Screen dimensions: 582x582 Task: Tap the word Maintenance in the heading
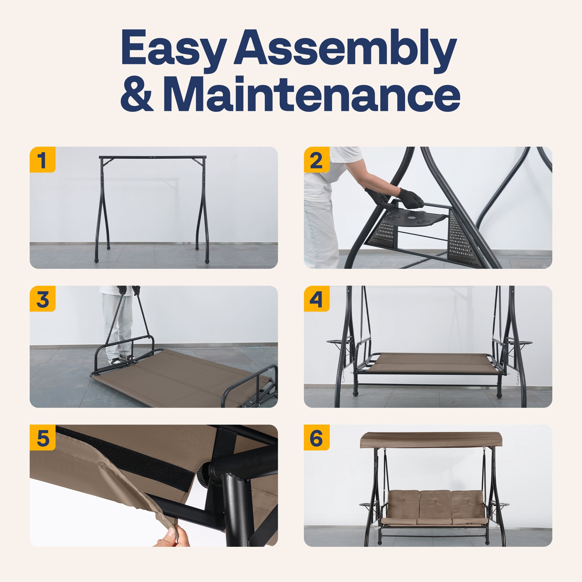pyautogui.click(x=311, y=94)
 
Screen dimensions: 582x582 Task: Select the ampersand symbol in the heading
pyautogui.click(x=137, y=94)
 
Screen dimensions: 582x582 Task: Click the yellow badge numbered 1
pyautogui.click(x=42, y=160)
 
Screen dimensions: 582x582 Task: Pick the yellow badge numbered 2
pyautogui.click(x=317, y=160)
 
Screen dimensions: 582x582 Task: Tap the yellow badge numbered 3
pyautogui.click(x=42, y=299)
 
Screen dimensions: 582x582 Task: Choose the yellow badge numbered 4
pyautogui.click(x=317, y=299)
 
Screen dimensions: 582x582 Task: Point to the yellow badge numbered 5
pyautogui.click(x=42, y=438)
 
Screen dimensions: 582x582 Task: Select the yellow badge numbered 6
pyautogui.click(x=317, y=438)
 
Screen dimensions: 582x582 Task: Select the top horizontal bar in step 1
pyautogui.click(x=153, y=157)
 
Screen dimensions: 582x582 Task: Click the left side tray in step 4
pyautogui.click(x=340, y=342)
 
